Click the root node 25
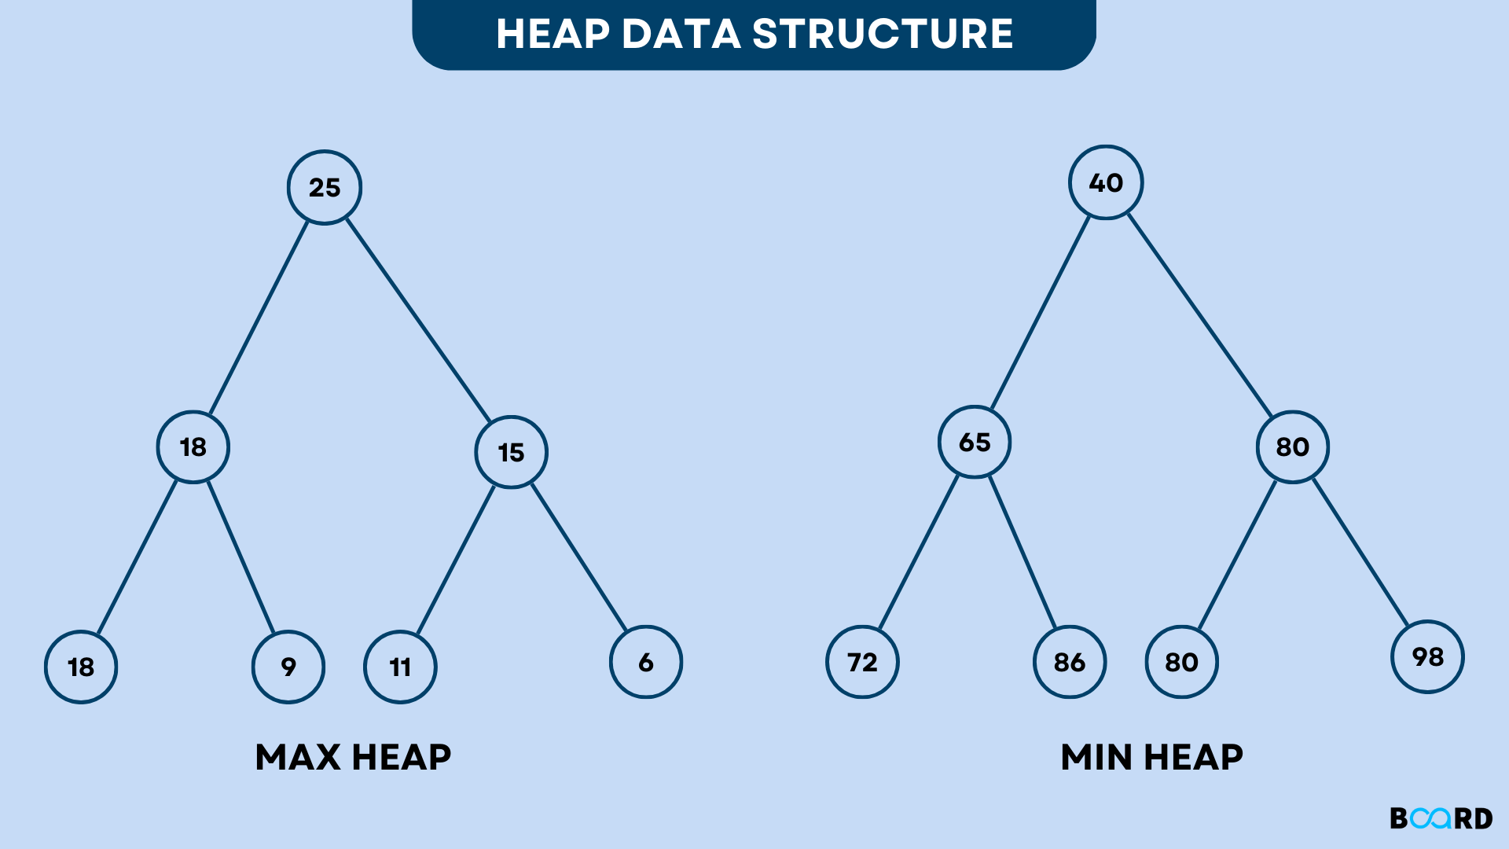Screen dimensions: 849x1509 click(325, 187)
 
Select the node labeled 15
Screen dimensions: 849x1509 click(511, 452)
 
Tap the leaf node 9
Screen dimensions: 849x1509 click(288, 667)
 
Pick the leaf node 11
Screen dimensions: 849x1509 click(400, 667)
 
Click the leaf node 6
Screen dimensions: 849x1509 click(646, 662)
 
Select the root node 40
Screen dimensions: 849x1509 click(1106, 182)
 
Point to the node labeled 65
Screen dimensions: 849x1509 click(975, 442)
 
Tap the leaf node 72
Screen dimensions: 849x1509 click(862, 662)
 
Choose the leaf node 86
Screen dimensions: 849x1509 click(1070, 662)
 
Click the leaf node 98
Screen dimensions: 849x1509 click(1427, 656)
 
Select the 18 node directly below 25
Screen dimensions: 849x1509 click(193, 447)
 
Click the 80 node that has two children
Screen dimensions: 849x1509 click(1293, 447)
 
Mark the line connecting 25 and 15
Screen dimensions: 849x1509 click(418, 320)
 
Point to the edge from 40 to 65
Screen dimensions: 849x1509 click(1041, 312)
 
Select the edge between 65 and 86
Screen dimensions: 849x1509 click(1023, 552)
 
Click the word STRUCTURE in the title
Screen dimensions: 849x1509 click(883, 34)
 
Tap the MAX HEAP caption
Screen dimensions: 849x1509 click(353, 757)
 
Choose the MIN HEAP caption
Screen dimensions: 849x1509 click(1151, 757)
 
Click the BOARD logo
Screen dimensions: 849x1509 click(1441, 818)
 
